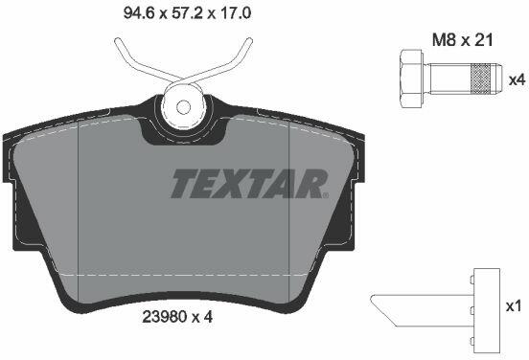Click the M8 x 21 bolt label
point(463,40)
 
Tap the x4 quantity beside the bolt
point(517,80)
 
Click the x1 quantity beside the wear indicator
point(513,306)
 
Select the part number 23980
point(164,317)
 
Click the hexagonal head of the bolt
point(411,79)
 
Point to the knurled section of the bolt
point(480,79)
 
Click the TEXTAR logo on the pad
point(249,184)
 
